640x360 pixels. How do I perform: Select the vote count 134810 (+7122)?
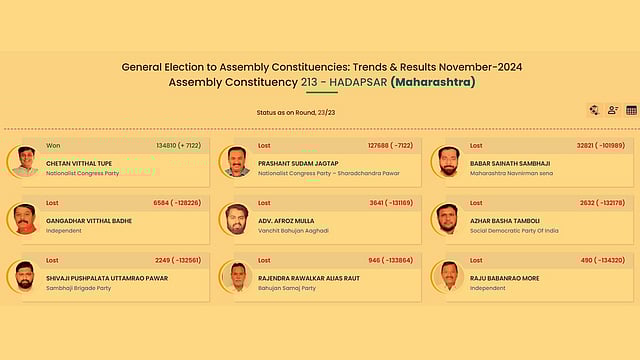point(179,146)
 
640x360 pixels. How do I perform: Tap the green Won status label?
point(53,146)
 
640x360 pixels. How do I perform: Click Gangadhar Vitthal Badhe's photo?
point(25,218)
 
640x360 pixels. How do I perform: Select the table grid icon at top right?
point(631,111)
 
